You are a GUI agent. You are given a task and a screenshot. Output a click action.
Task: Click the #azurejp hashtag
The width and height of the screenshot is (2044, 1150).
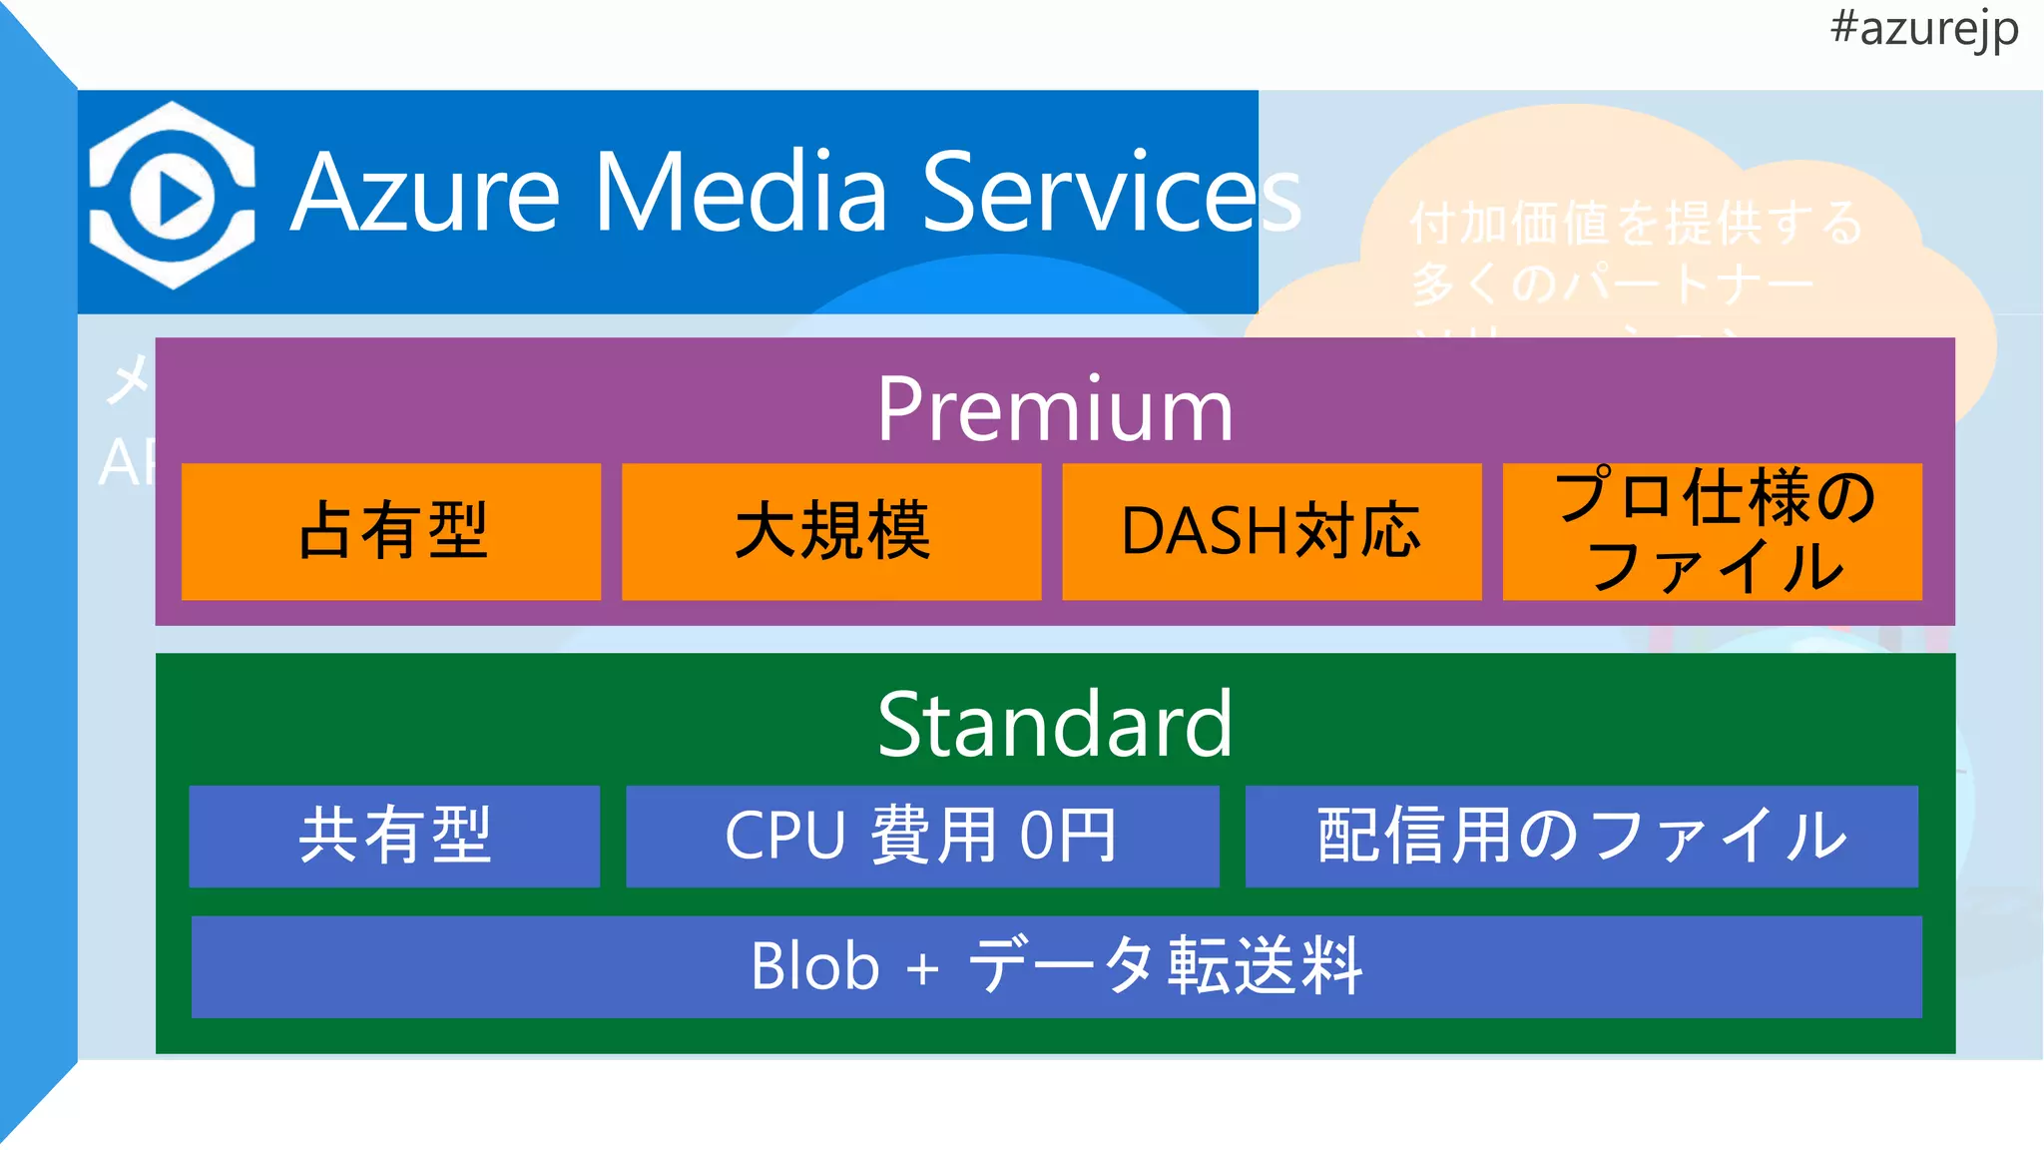coord(1923,28)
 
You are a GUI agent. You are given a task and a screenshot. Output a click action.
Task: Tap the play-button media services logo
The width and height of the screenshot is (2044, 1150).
coord(172,196)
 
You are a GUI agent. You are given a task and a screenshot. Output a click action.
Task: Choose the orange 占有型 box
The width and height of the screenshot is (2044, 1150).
coord(391,531)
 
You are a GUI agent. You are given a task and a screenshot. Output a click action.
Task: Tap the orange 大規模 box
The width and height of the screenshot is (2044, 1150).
coord(831,531)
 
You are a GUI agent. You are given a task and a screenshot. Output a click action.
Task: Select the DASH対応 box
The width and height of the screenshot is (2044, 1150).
coord(1272,531)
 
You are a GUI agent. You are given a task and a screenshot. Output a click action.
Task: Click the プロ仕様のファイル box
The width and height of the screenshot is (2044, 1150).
coord(1713,531)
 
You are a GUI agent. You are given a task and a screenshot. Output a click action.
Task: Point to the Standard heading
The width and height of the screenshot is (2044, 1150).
coord(1055,725)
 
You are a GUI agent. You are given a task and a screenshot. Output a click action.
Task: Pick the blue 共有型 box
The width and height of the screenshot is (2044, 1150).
coord(394,836)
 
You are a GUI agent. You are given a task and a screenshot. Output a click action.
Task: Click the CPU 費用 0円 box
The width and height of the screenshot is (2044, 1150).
coord(922,836)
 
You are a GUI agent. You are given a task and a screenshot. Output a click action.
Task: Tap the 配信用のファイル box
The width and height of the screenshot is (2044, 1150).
coord(1582,836)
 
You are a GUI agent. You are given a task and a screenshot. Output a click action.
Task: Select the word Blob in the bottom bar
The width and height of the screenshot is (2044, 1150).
coord(814,966)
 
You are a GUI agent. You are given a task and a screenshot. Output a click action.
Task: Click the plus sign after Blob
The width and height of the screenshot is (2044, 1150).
coord(923,968)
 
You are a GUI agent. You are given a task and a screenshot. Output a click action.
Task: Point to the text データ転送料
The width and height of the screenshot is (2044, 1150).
coord(1165,966)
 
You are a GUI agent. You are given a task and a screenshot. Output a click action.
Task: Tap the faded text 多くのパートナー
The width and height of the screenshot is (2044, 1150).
coord(1613,284)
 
